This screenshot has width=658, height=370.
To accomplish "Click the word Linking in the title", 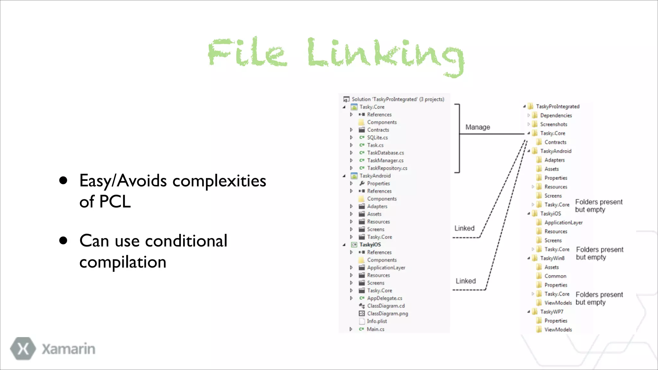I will (x=386, y=55).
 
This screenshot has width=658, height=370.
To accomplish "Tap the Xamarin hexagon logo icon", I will (x=23, y=348).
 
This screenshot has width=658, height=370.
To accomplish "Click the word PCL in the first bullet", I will (x=115, y=202).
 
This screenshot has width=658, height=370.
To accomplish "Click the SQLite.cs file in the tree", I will (x=377, y=137).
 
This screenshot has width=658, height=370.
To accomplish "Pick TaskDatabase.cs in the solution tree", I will (x=385, y=153).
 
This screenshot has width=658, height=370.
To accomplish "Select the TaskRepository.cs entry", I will (x=387, y=168).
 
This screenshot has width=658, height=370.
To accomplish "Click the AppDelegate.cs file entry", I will (x=384, y=298).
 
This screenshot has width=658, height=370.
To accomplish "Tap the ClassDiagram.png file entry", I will (x=387, y=313).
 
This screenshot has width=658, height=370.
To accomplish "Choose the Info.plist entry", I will (x=377, y=321).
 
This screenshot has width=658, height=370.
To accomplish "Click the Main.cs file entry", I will (x=375, y=329).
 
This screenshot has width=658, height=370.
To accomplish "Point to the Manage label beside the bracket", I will (x=477, y=127).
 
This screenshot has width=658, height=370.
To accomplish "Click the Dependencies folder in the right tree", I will (x=556, y=116).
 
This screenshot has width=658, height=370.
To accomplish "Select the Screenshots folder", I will (x=554, y=124).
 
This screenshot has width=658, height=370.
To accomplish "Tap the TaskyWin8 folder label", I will (x=552, y=258).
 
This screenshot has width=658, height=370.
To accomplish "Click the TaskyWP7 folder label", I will (x=551, y=312).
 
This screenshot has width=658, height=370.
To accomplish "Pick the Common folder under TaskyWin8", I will (x=555, y=276).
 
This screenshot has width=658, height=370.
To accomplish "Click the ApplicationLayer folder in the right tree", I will (x=563, y=223).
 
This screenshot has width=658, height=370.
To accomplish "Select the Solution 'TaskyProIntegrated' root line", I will (x=397, y=99).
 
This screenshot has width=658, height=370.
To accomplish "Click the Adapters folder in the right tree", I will (x=554, y=160).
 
